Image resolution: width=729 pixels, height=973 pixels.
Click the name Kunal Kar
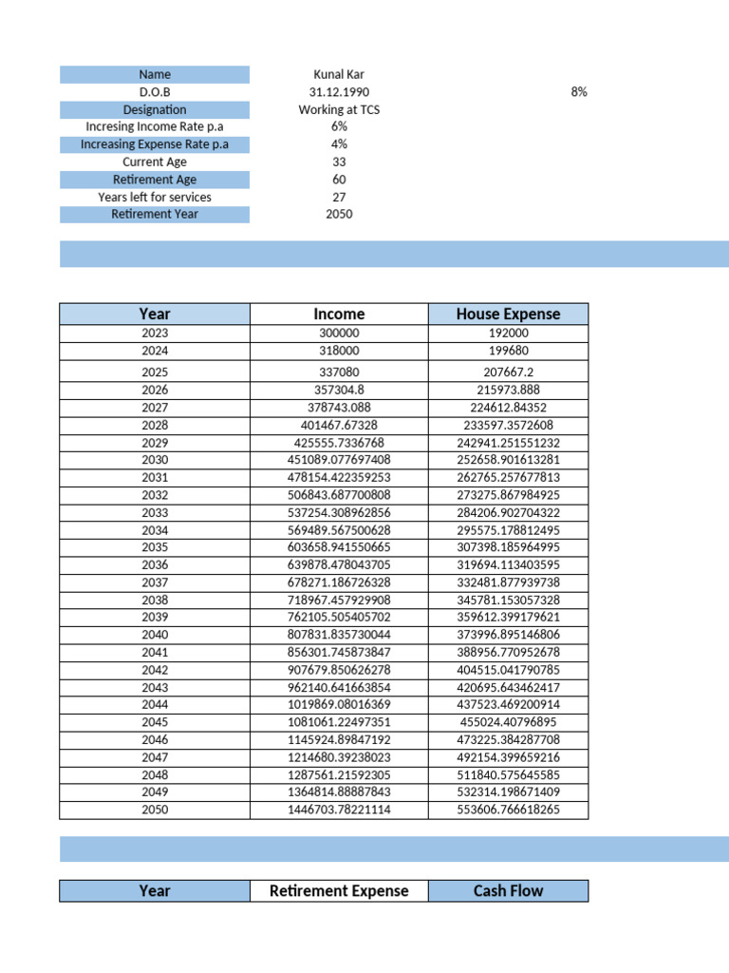pyautogui.click(x=339, y=74)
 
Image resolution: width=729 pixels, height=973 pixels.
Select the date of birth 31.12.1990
pyautogui.click(x=339, y=92)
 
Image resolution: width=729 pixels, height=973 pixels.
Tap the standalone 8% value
pyautogui.click(x=579, y=92)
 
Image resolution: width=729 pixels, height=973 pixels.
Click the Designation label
pyautogui.click(x=155, y=109)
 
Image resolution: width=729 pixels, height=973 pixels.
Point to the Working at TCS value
pyautogui.click(x=339, y=109)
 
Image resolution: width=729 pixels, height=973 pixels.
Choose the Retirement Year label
pyautogui.click(x=155, y=214)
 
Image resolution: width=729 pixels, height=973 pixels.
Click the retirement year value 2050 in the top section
pyautogui.click(x=339, y=214)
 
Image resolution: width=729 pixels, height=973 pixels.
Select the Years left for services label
pyautogui.click(x=155, y=197)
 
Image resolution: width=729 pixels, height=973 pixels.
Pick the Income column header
pyautogui.click(x=339, y=314)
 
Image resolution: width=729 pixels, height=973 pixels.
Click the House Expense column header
pyautogui.click(x=508, y=314)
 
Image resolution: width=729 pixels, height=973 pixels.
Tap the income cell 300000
pyautogui.click(x=339, y=334)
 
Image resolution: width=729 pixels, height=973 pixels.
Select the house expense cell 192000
pyautogui.click(x=508, y=334)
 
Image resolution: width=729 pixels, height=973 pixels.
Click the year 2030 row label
pyautogui.click(x=155, y=459)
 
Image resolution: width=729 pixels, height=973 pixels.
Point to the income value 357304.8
pyautogui.click(x=339, y=390)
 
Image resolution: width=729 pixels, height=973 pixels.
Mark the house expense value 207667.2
pyautogui.click(x=508, y=372)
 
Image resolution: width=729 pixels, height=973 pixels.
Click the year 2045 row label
pyautogui.click(x=155, y=722)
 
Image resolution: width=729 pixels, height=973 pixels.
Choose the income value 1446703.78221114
pyautogui.click(x=339, y=810)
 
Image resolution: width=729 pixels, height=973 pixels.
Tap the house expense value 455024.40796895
pyautogui.click(x=508, y=722)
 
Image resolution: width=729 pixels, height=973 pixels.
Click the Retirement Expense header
pyautogui.click(x=339, y=890)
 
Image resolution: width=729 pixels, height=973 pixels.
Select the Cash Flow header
pyautogui.click(x=508, y=890)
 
